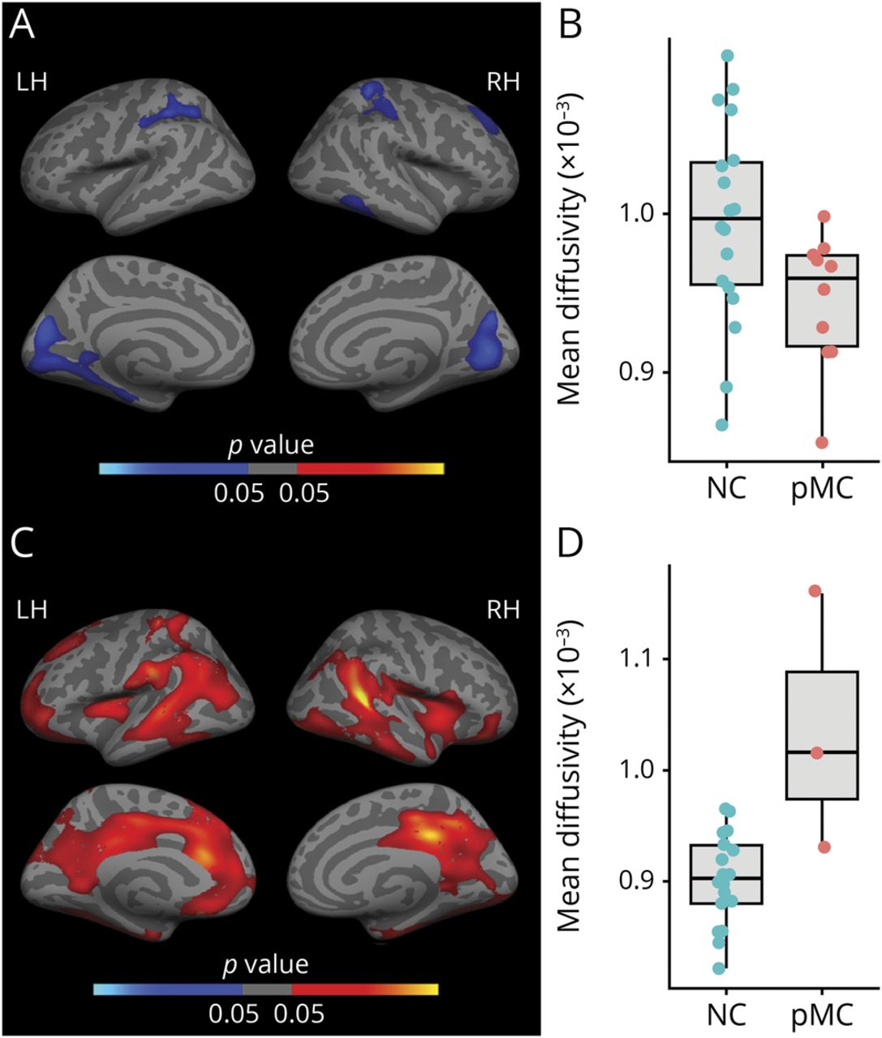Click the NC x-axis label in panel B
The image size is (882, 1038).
point(725,491)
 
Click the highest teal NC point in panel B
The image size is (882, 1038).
point(728,55)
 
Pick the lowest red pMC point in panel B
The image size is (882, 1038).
point(823,442)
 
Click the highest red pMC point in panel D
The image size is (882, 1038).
point(815,590)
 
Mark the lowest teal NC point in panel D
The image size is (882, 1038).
point(719,967)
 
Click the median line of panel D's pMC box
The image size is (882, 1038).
point(823,753)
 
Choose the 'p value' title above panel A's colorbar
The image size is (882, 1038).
point(271,445)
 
